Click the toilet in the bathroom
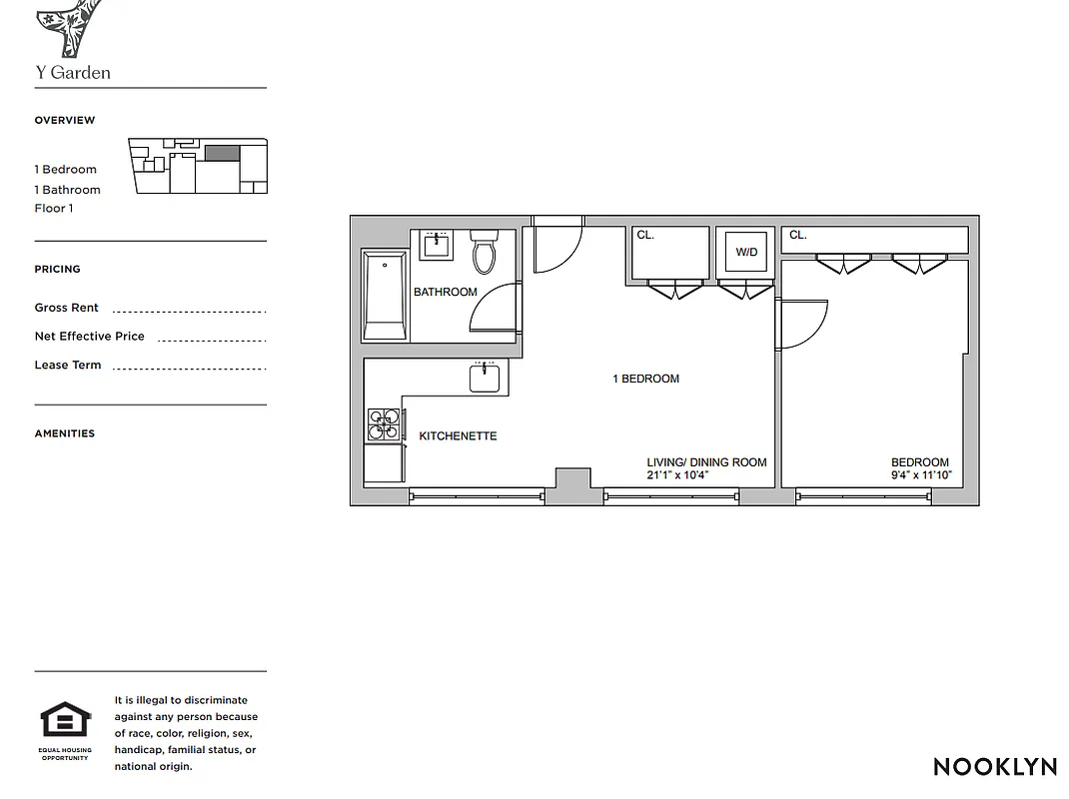pyautogui.click(x=484, y=254)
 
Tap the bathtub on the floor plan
pyautogui.click(x=384, y=297)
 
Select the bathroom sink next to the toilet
pyautogui.click(x=436, y=245)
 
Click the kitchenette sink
pyautogui.click(x=485, y=378)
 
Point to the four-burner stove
pyautogui.click(x=384, y=424)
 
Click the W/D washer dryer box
pyautogui.click(x=746, y=253)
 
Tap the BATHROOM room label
pyautogui.click(x=446, y=293)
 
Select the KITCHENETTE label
pyautogui.click(x=458, y=436)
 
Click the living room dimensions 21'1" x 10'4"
pyautogui.click(x=677, y=475)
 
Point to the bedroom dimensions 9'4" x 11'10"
pyautogui.click(x=920, y=475)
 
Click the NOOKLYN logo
pyautogui.click(x=995, y=767)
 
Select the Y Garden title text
pyautogui.click(x=73, y=73)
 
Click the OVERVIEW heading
pyautogui.click(x=65, y=120)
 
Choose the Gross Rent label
pyautogui.click(x=67, y=308)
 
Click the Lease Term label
pyautogui.click(x=68, y=365)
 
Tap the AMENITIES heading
pyautogui.click(x=65, y=433)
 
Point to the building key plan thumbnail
pyautogui.click(x=198, y=166)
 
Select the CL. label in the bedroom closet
pyautogui.click(x=798, y=236)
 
